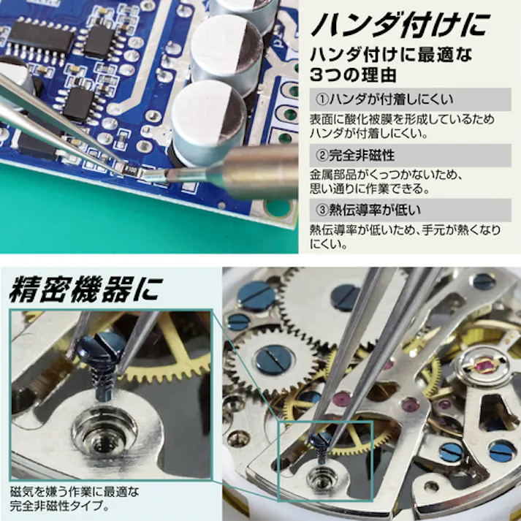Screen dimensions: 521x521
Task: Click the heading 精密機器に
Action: tap(84, 287)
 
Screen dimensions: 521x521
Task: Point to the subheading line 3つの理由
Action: tap(351, 74)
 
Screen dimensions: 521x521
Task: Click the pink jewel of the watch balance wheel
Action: tap(483, 364)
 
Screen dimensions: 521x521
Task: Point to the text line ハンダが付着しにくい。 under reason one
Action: tap(370, 133)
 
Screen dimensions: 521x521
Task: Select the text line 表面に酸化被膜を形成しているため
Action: tap(401, 118)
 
